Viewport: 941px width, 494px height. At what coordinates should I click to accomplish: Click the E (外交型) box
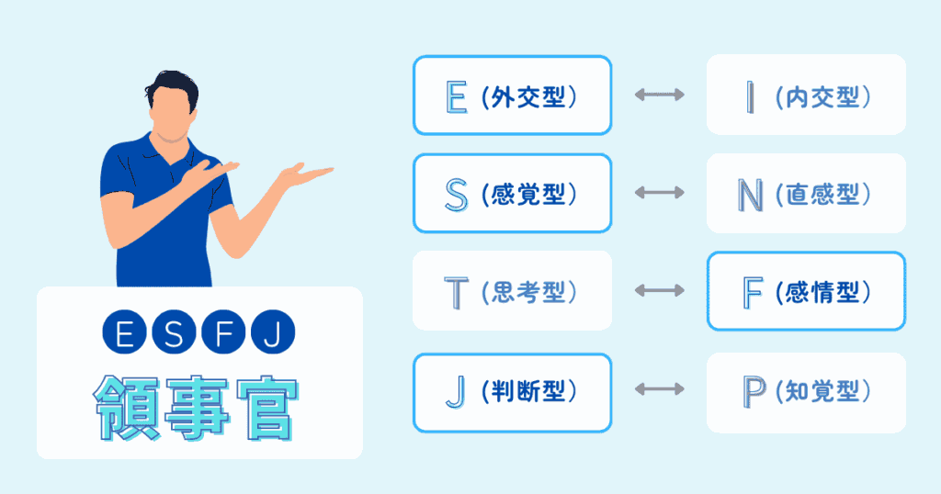[x=512, y=95]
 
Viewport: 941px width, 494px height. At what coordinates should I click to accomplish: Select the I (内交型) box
[x=806, y=95]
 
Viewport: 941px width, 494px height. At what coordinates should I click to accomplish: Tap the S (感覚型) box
[x=512, y=193]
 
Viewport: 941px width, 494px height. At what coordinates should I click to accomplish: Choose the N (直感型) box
[x=806, y=193]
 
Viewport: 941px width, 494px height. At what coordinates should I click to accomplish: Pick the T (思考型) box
[x=512, y=291]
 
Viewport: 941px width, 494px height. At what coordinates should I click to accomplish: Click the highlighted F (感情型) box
[x=806, y=291]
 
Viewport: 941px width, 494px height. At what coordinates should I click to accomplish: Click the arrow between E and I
[x=659, y=95]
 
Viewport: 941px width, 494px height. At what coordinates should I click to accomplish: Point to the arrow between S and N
[x=659, y=193]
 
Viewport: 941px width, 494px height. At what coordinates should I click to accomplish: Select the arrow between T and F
[x=659, y=291]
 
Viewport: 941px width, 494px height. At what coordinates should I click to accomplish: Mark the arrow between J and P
[x=659, y=389]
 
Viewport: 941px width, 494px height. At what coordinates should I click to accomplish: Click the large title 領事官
[x=195, y=408]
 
